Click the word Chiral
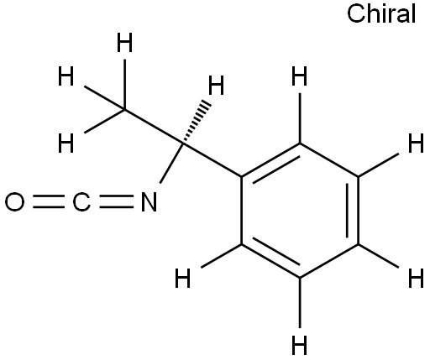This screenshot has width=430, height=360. click(381, 14)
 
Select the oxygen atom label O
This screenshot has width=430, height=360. click(14, 201)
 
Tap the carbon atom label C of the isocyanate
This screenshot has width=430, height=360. click(81, 201)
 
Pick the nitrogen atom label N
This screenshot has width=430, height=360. click(149, 201)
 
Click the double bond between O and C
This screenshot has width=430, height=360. click(48, 201)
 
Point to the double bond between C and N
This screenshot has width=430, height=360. click(116, 201)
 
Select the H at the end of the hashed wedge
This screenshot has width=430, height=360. click(216, 86)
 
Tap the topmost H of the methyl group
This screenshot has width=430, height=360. click(124, 43)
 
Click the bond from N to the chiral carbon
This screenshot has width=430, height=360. click(171, 164)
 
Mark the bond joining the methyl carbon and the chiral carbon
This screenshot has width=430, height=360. click(154, 127)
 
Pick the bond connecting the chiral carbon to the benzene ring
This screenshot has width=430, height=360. click(212, 159)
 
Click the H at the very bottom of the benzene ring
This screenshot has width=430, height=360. click(300, 345)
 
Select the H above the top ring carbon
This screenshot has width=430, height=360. click(300, 76)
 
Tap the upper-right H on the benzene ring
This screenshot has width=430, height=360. click(416, 143)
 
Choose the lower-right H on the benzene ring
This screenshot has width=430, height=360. click(416, 278)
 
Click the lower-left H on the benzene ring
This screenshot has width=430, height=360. click(183, 278)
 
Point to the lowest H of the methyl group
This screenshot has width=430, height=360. click(66, 143)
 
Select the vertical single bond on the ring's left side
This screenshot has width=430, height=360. click(242, 211)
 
